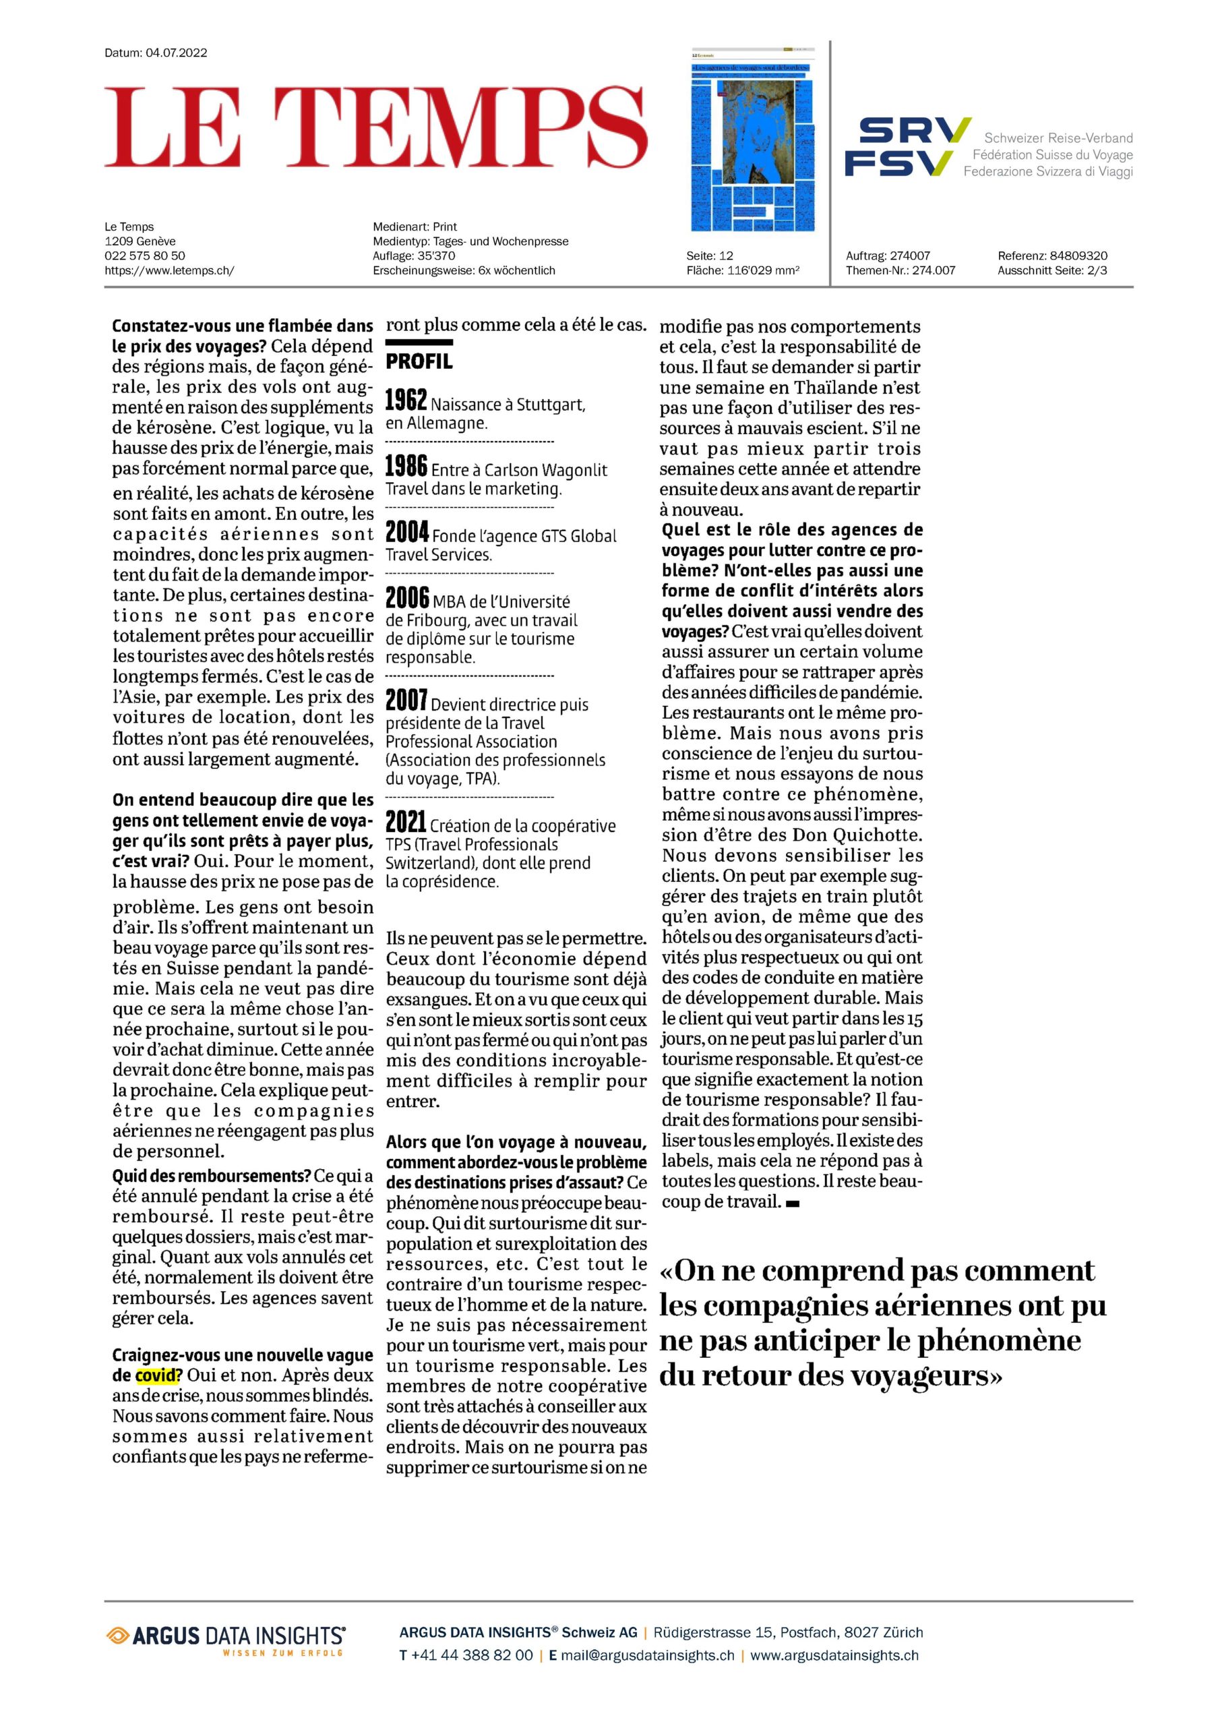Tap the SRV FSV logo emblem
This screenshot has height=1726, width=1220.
pos(907,146)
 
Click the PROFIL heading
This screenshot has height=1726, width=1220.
pos(419,361)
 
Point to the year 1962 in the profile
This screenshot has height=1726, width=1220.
pos(406,400)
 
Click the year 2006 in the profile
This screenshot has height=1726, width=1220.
pos(406,599)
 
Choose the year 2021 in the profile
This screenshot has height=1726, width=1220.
pos(406,823)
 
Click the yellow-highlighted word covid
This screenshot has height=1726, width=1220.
pos(158,1375)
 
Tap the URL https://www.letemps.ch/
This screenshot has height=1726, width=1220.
pos(169,270)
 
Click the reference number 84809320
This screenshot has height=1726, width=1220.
pos(1078,256)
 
